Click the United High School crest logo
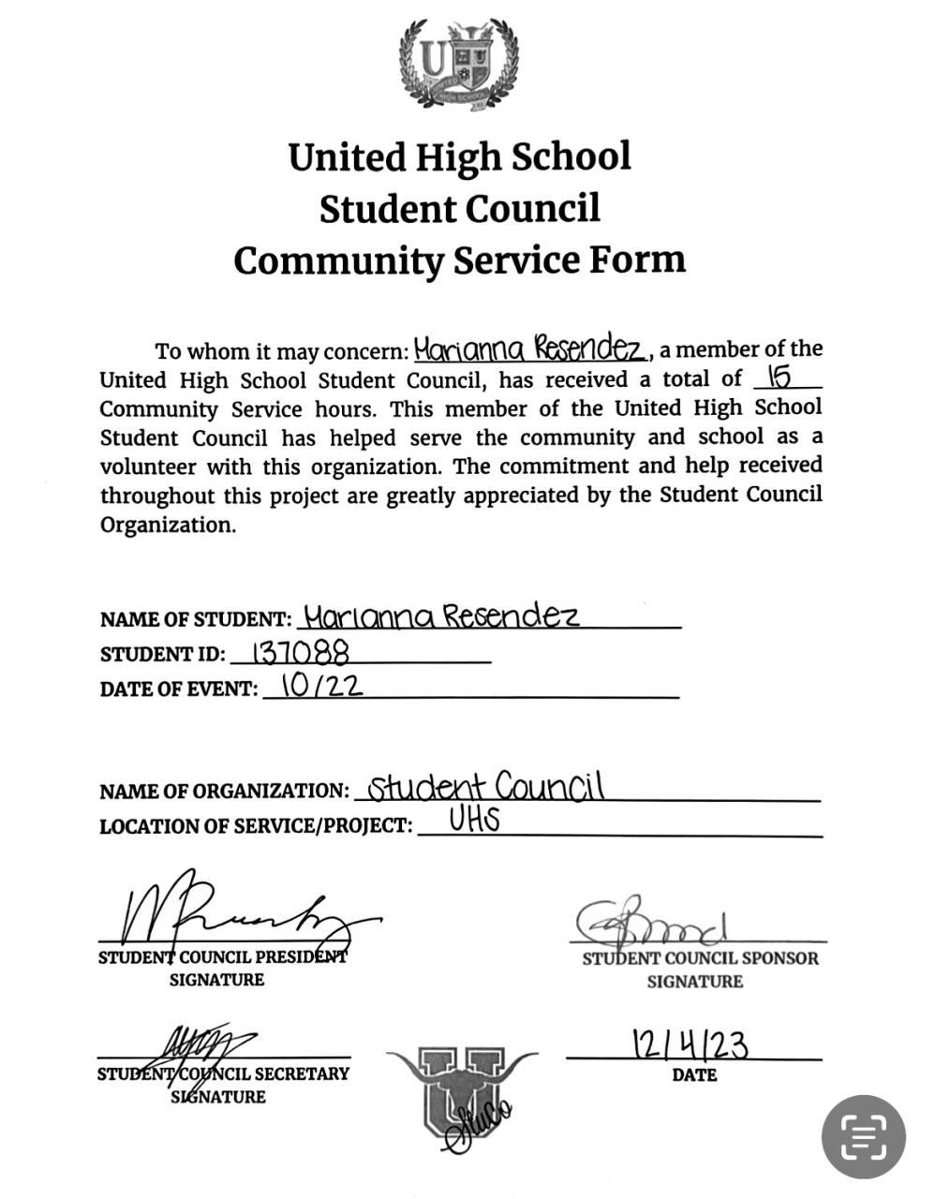point(458,65)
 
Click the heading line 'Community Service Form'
point(459,259)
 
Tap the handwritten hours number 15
point(779,377)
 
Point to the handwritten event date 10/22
point(321,686)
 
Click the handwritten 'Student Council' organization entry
point(484,786)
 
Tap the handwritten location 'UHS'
point(474,821)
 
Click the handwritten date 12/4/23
point(690,1043)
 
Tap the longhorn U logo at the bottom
point(461,1087)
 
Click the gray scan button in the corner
point(863,1136)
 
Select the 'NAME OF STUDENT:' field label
point(196,620)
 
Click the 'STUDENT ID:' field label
point(162,655)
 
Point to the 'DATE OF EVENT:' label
point(178,689)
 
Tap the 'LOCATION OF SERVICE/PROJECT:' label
point(256,826)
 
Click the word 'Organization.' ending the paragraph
point(168,525)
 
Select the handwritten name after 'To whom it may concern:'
point(530,349)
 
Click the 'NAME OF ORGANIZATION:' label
point(224,792)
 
